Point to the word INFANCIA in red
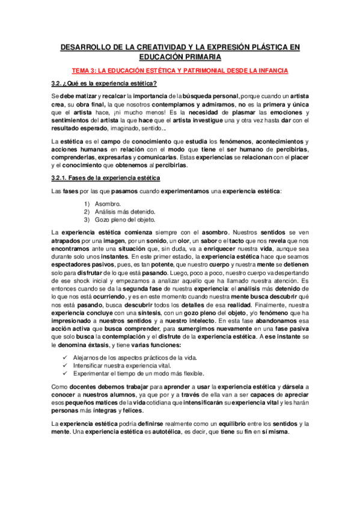tap(270, 70)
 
